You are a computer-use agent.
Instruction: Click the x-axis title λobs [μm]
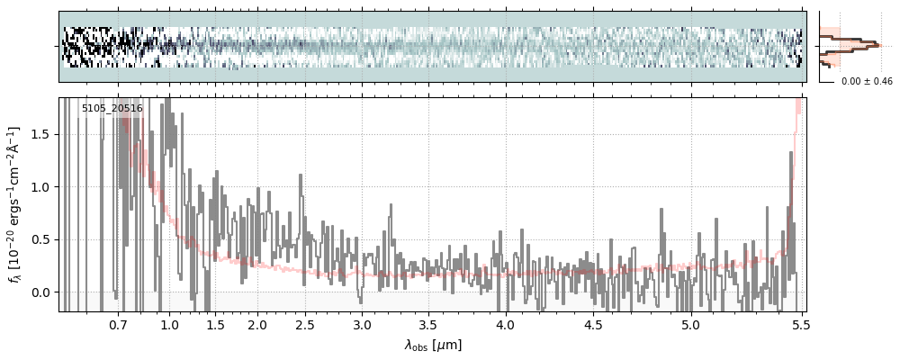433,345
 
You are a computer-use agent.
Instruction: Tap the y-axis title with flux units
15,205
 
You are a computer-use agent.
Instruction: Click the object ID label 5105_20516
112,109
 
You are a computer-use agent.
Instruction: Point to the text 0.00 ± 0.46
866,82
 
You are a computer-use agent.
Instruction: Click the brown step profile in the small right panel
860,42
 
